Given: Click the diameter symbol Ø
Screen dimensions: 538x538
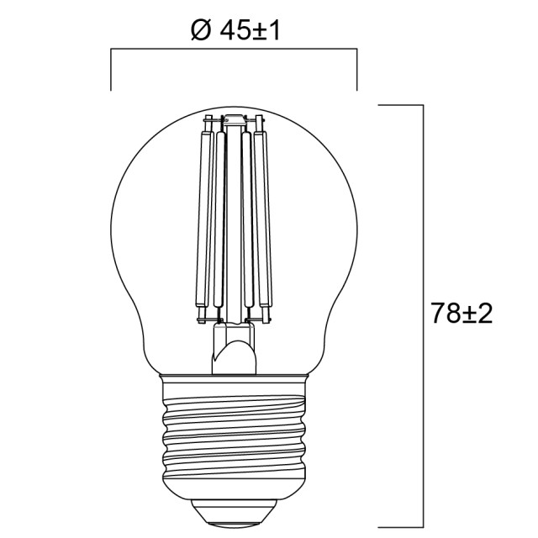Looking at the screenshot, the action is pyautogui.click(x=201, y=32).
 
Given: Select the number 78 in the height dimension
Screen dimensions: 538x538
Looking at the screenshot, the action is pyautogui.click(x=446, y=314).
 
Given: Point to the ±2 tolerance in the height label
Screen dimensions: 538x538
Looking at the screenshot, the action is pyautogui.click(x=477, y=314).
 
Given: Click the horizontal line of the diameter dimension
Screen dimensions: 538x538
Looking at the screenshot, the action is pyautogui.click(x=234, y=49).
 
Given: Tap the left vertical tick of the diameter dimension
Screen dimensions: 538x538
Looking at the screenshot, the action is pyautogui.click(x=111, y=70).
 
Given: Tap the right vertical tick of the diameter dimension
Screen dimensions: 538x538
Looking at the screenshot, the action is pyautogui.click(x=356, y=70).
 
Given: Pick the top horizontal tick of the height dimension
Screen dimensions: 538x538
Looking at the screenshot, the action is pyautogui.click(x=400, y=105).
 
